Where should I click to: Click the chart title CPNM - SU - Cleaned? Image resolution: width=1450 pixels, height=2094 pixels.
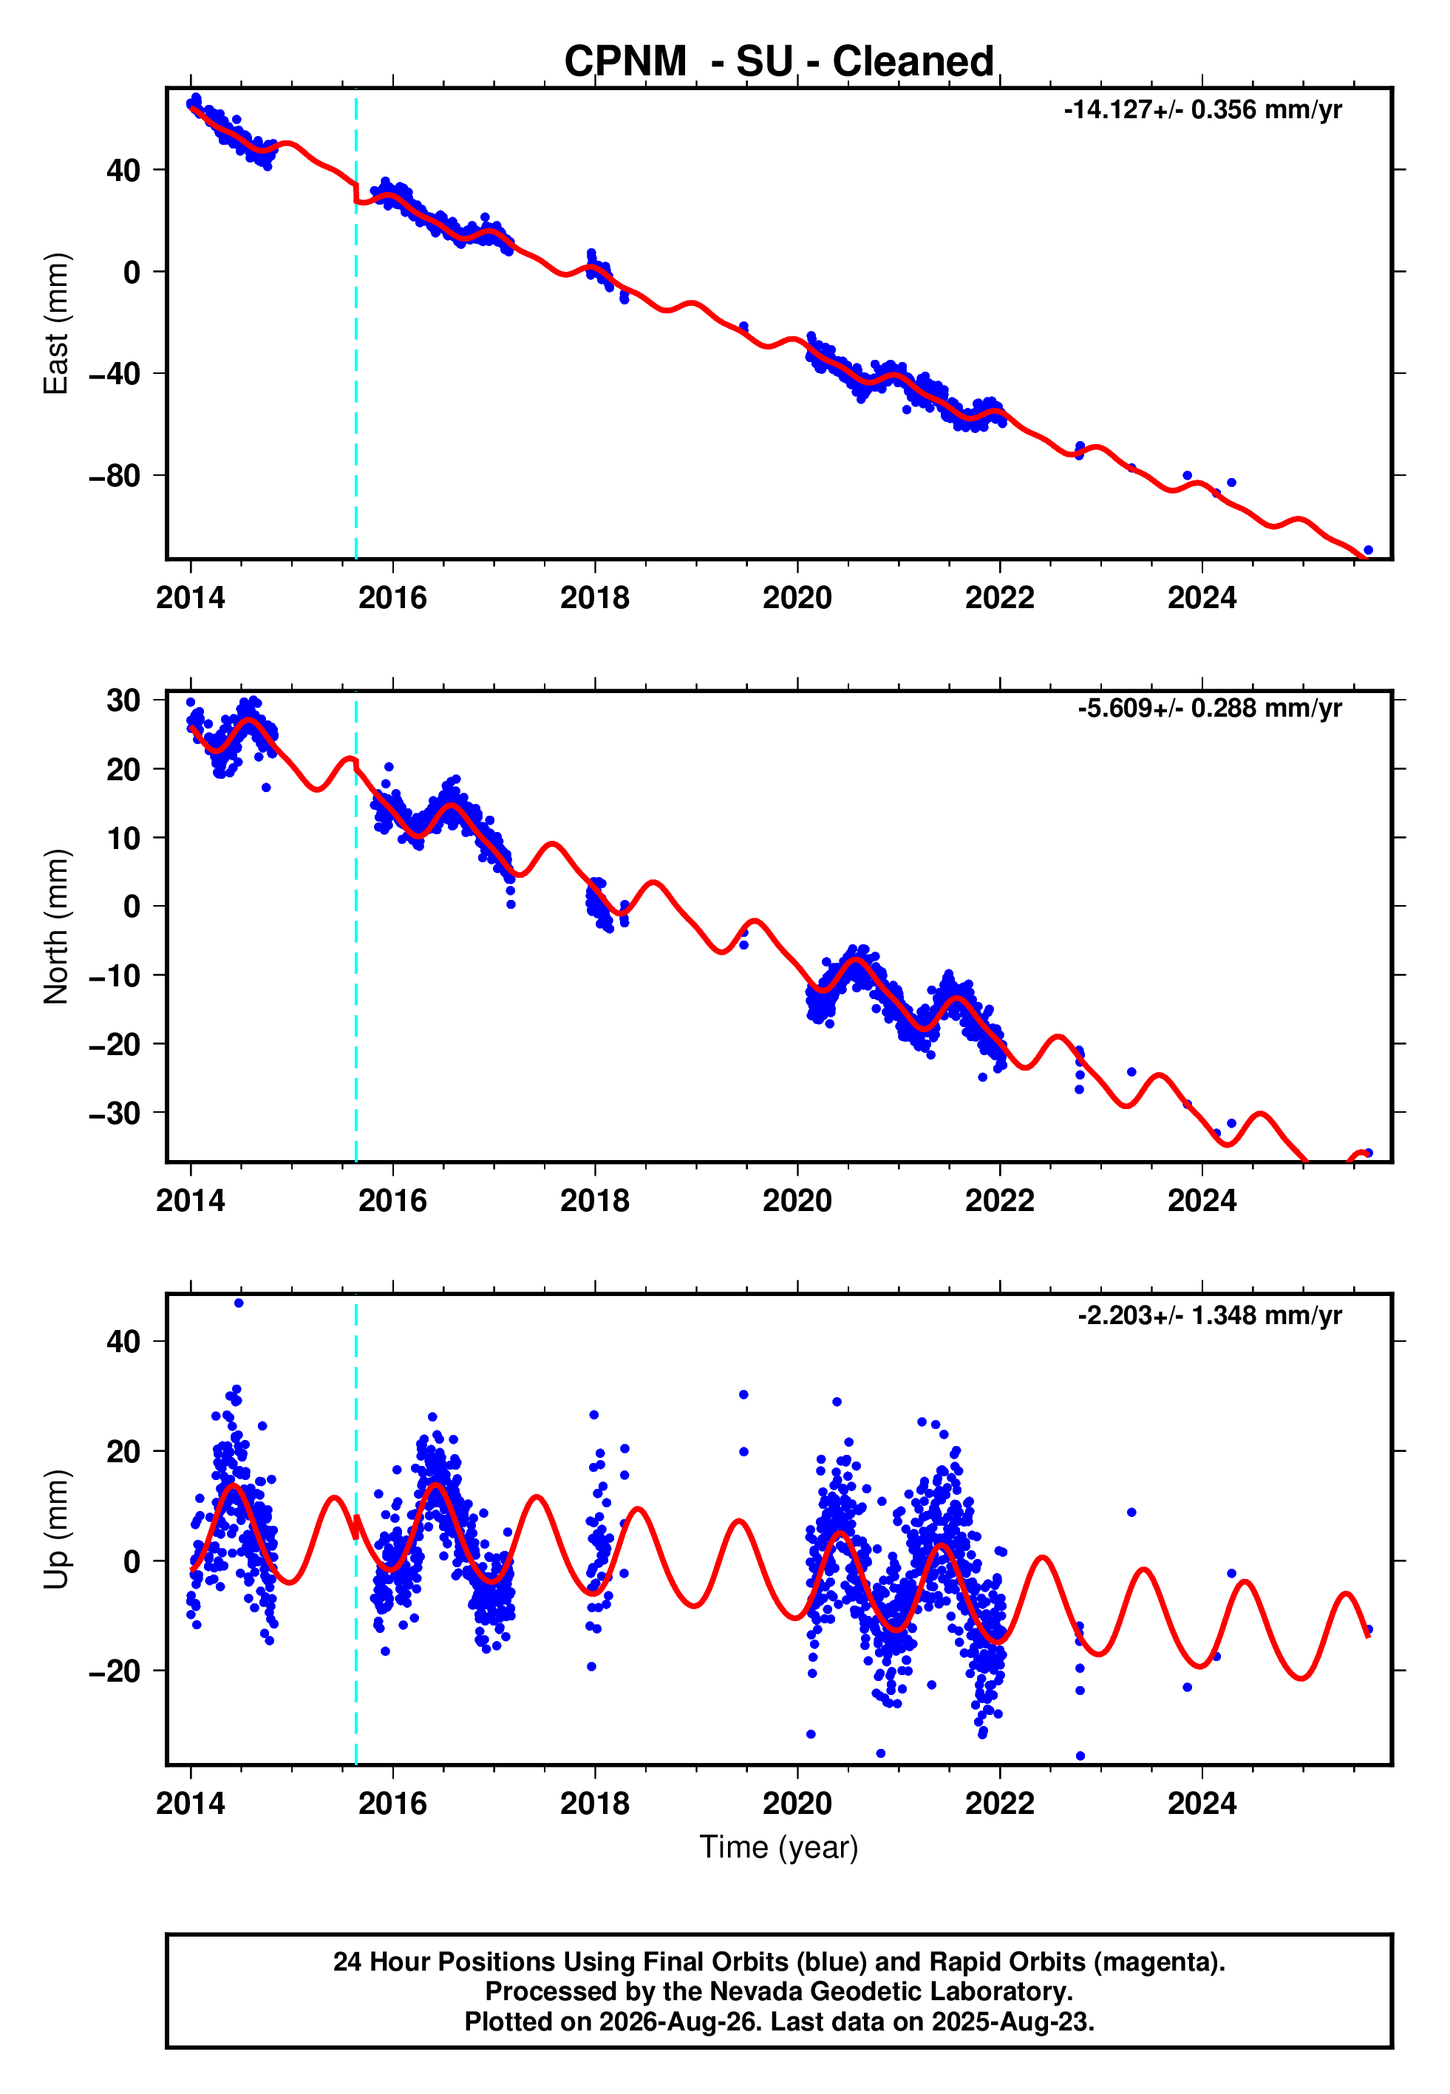pyautogui.click(x=779, y=62)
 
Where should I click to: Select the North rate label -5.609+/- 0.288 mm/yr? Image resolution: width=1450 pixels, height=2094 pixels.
pyautogui.click(x=1209, y=709)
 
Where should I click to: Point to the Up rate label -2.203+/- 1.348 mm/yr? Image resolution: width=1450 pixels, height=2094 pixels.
pyautogui.click(x=1209, y=1315)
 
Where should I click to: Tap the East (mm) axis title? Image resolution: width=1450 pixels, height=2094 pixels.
pyautogui.click(x=55, y=324)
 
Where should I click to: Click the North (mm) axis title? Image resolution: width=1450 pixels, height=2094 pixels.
pyautogui.click(x=55, y=927)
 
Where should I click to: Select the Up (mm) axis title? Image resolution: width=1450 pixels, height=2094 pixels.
pyautogui.click(x=55, y=1529)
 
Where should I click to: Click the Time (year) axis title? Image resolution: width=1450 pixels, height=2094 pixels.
pyautogui.click(x=779, y=1848)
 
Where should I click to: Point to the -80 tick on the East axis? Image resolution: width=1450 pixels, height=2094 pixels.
pyautogui.click(x=115, y=476)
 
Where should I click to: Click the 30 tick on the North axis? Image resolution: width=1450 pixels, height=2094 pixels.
pyautogui.click(x=123, y=700)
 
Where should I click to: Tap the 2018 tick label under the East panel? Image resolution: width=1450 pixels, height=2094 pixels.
pyautogui.click(x=594, y=598)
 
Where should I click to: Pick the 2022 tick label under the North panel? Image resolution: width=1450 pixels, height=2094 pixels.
pyautogui.click(x=999, y=1201)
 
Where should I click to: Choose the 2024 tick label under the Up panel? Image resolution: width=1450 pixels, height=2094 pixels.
pyautogui.click(x=1202, y=1804)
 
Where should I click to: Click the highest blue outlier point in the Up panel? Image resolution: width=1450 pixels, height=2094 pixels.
pyautogui.click(x=239, y=1303)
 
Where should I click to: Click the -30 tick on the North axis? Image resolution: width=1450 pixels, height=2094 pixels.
pyautogui.click(x=115, y=1113)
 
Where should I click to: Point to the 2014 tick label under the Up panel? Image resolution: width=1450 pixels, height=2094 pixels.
pyautogui.click(x=190, y=1804)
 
